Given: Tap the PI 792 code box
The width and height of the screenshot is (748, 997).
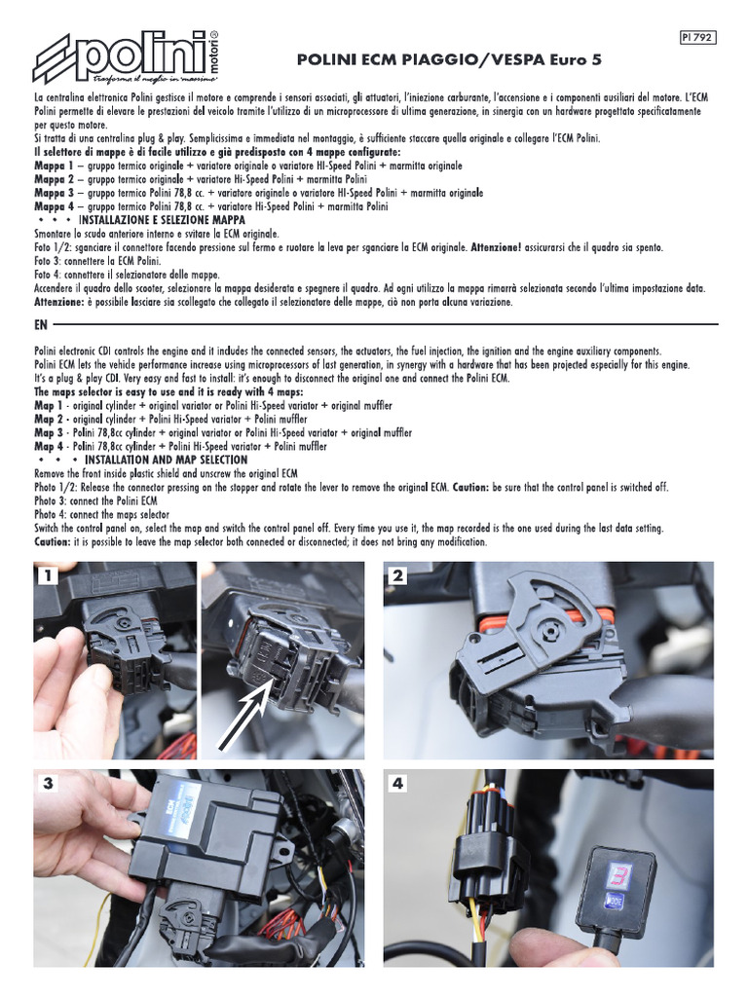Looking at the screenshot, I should click(698, 38).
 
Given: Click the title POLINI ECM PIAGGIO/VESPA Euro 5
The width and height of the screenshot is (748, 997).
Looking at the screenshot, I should click(449, 60).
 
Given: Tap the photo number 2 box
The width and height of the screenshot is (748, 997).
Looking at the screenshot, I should click(396, 576).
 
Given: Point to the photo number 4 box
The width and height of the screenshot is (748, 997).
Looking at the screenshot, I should click(396, 783).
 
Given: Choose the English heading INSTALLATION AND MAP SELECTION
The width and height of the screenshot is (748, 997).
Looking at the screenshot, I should click(166, 460).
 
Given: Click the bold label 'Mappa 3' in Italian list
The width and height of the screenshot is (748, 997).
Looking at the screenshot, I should click(55, 194).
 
